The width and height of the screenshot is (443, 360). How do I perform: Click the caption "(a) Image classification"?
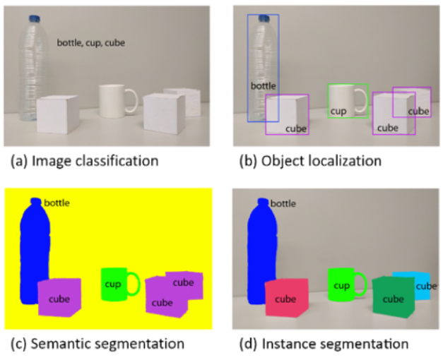[x=84, y=161]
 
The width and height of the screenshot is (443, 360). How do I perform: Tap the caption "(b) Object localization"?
[x=310, y=161]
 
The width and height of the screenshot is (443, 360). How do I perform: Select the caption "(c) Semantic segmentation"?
[x=97, y=344]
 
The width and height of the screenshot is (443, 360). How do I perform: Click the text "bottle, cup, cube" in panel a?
[x=90, y=42]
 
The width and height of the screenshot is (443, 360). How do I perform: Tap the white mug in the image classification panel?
[x=113, y=101]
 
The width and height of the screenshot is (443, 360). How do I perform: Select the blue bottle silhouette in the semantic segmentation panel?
[x=33, y=254]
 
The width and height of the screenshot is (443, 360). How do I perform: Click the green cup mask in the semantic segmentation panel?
[x=113, y=284]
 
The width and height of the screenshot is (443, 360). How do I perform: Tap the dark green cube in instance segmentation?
[x=391, y=298]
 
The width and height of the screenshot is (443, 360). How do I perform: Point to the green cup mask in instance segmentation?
[x=341, y=285]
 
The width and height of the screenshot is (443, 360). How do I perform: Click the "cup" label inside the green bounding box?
[x=338, y=111]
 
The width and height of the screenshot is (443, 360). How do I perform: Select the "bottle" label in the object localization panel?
[x=264, y=86]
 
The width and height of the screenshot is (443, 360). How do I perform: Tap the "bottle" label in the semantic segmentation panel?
[x=57, y=203]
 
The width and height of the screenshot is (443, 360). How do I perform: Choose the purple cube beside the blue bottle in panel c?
[x=59, y=298]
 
